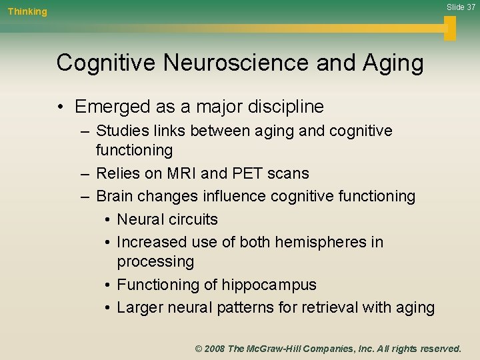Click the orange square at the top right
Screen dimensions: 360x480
450,28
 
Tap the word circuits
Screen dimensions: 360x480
194,219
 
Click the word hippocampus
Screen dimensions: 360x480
271,285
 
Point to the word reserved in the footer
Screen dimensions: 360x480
437,349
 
